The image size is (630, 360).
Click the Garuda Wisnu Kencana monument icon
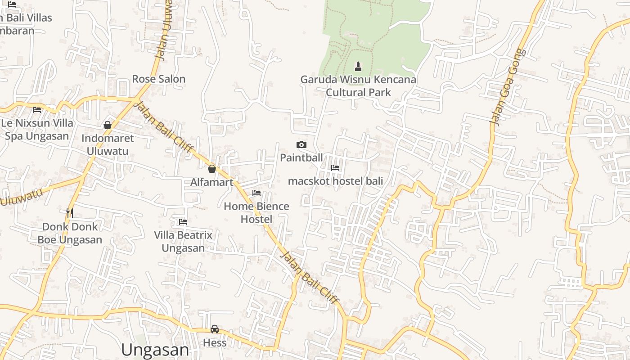pos(358,67)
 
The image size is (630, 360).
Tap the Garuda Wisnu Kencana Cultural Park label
pos(358,86)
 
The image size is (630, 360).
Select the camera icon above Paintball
pos(301,144)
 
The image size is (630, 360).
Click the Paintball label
pos(301,157)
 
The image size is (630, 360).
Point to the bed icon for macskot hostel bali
pos(335,168)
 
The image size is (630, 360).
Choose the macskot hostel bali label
pos(335,181)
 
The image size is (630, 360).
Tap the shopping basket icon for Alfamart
pos(212,169)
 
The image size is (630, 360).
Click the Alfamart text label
pos(212,182)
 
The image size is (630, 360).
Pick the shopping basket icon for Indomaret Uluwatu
pos(108,125)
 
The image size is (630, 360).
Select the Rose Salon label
pos(158,79)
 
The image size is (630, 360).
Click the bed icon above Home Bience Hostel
pos(256,193)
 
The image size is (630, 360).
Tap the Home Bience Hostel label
pos(256,212)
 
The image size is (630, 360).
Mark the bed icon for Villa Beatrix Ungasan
pos(183,222)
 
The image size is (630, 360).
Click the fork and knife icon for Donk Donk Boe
pos(70,213)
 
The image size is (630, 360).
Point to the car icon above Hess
pos(215,329)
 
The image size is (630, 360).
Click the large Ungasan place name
pos(155,350)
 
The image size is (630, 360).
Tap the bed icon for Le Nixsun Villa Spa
pos(37,109)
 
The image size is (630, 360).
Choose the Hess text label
pos(215,343)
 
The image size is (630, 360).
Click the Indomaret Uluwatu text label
pos(108,144)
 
